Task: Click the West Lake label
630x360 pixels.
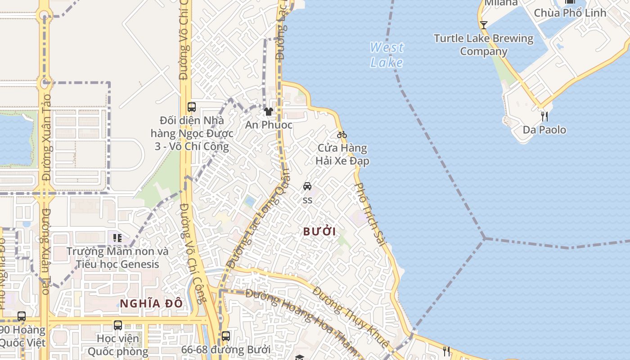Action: (x=387, y=54)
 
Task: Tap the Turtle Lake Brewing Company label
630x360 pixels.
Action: (x=484, y=45)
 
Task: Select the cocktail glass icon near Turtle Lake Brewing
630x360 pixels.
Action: (x=484, y=25)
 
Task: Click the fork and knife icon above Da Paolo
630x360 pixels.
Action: (x=544, y=117)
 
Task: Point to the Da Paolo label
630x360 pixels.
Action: (x=544, y=130)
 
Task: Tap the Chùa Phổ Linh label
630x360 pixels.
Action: (x=570, y=13)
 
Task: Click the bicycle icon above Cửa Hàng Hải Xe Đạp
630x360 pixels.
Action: (x=342, y=135)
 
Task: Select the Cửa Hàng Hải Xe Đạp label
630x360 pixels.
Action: (x=342, y=154)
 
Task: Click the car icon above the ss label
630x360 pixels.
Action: (x=307, y=186)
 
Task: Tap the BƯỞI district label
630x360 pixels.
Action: (x=319, y=232)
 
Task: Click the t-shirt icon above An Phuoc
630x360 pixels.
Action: (x=269, y=112)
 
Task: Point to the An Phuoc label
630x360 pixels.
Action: (x=269, y=125)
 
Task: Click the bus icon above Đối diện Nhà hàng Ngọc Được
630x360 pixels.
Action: (x=192, y=107)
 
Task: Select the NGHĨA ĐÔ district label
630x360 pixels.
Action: (x=151, y=303)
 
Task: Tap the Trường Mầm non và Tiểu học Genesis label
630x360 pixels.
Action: (x=117, y=258)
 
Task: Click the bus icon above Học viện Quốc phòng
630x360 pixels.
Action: (x=118, y=325)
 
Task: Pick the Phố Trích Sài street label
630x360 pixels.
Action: (x=370, y=215)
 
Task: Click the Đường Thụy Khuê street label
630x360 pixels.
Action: (x=351, y=317)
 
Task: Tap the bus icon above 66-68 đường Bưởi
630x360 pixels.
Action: (x=226, y=336)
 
